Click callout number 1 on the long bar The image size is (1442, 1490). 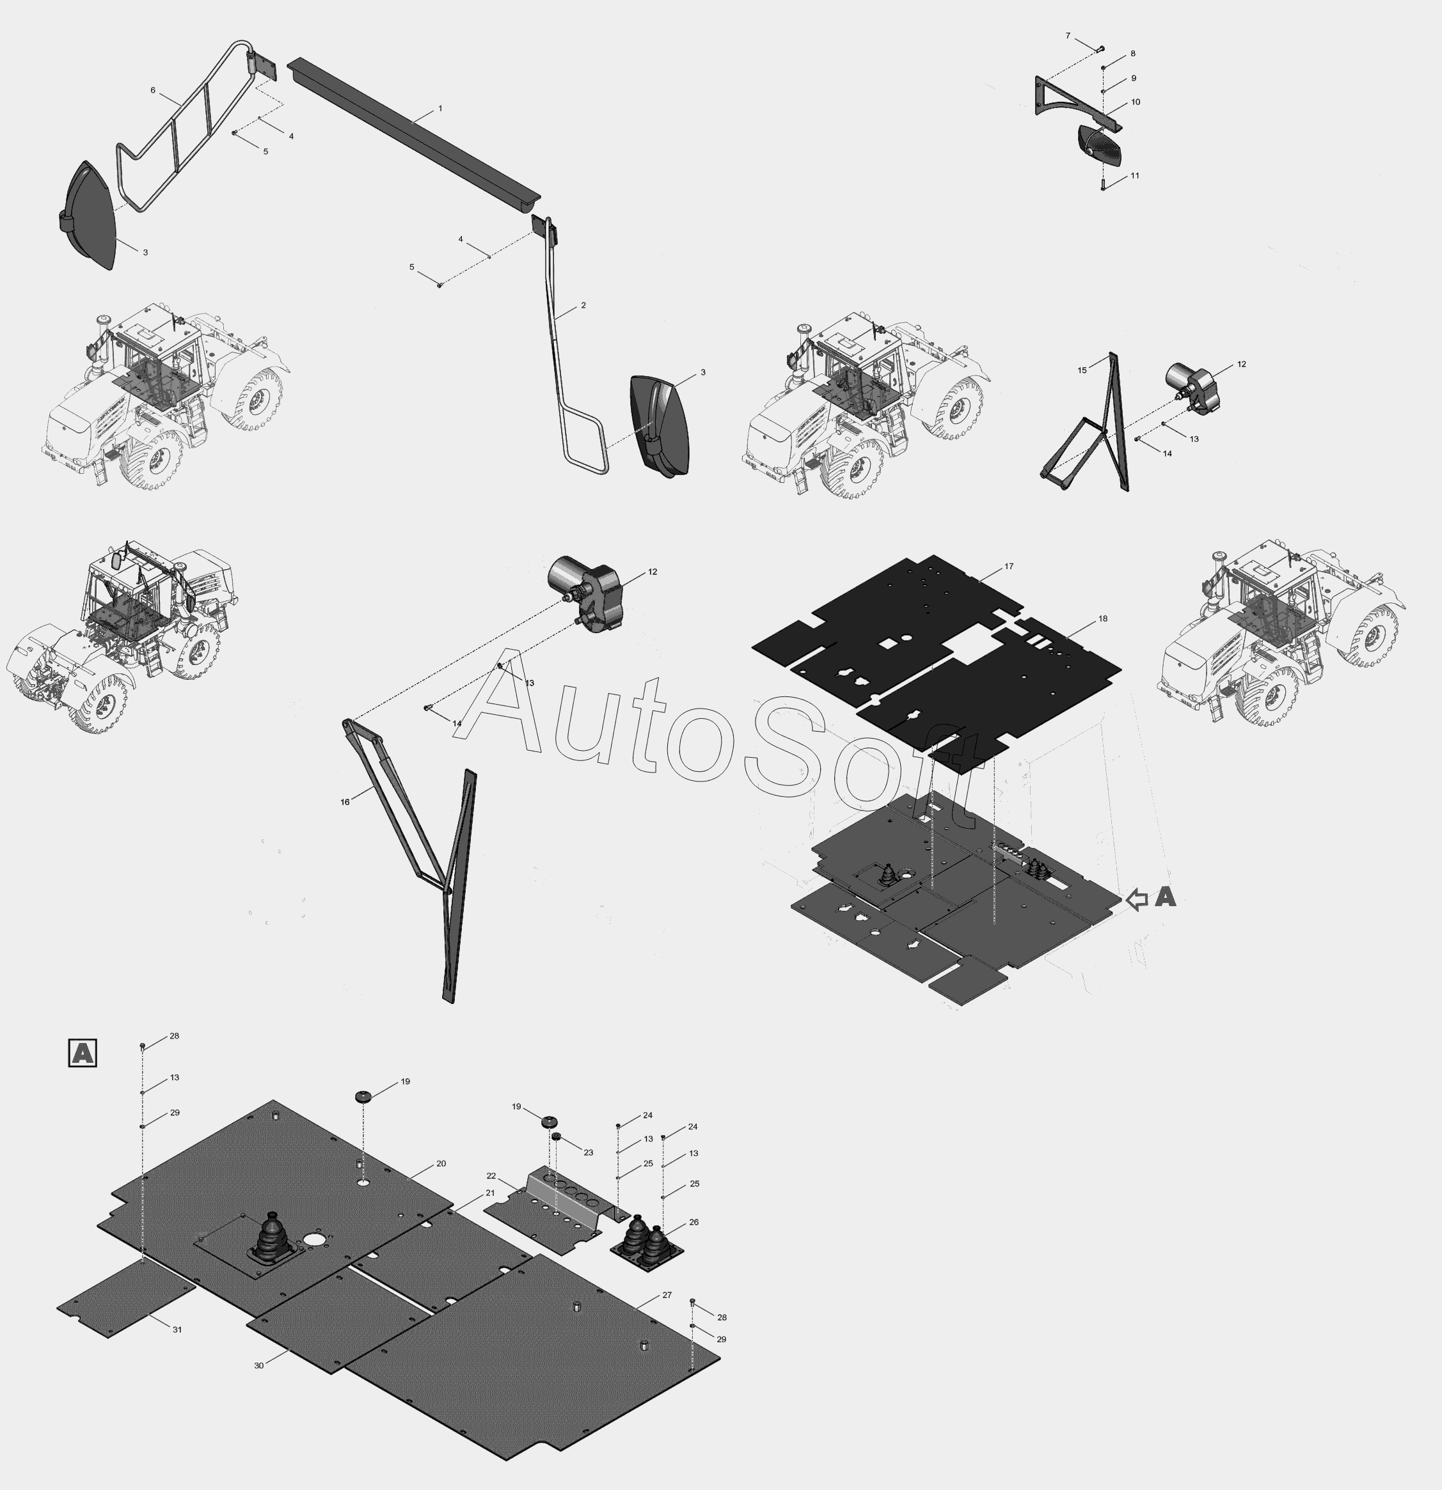coord(440,109)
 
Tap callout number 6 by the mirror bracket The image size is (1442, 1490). coord(153,90)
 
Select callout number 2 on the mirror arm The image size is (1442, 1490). coord(583,306)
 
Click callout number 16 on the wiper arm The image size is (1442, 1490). coord(345,802)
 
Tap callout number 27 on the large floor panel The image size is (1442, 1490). coord(667,1294)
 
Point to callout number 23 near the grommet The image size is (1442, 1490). coord(589,1152)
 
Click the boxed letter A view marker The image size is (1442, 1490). coord(82,1053)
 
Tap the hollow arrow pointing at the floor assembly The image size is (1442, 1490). coord(1136,899)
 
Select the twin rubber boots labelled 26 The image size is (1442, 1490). coord(646,1241)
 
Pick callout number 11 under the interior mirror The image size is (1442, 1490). coord(1135,176)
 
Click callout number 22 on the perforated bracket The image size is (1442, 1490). coord(491,1176)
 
